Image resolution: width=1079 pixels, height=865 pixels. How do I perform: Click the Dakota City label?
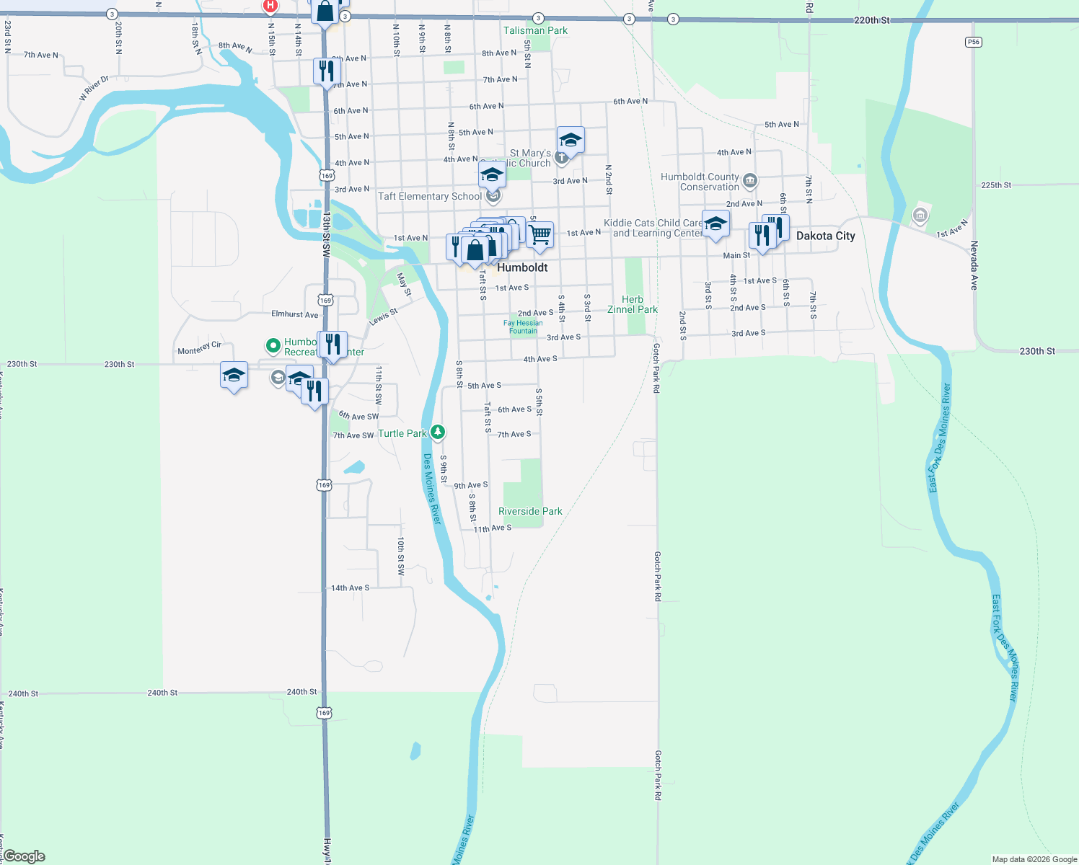click(x=825, y=236)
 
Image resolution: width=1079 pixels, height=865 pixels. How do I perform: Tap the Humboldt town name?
click(x=522, y=267)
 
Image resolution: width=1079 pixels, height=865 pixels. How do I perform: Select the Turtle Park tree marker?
click(x=438, y=432)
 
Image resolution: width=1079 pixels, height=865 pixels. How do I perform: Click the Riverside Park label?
click(x=530, y=511)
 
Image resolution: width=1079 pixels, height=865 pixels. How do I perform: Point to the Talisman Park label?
click(x=535, y=30)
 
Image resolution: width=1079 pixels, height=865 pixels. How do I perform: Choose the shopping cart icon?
click(x=539, y=235)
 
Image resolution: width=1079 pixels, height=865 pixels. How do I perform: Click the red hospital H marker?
click(x=270, y=6)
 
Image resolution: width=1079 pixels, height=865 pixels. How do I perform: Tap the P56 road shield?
click(x=974, y=42)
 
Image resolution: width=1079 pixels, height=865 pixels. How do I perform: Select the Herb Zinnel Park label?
click(x=632, y=304)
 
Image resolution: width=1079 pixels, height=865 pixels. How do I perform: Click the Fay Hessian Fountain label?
click(x=523, y=327)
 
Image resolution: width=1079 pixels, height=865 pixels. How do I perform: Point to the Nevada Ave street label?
click(x=974, y=265)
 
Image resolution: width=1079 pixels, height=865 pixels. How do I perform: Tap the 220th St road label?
click(x=871, y=20)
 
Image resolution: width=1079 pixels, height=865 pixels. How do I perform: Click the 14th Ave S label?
click(x=350, y=588)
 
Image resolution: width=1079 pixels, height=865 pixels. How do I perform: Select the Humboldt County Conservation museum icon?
click(x=749, y=180)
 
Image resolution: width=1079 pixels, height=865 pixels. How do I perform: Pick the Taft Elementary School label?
click(x=429, y=196)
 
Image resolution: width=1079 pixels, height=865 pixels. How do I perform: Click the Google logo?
click(x=23, y=856)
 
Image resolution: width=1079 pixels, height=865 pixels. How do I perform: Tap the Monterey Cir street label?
click(x=200, y=348)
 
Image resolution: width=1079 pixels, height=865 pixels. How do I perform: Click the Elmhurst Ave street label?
click(x=294, y=314)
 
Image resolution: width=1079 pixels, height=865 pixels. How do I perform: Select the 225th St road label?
click(x=995, y=185)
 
